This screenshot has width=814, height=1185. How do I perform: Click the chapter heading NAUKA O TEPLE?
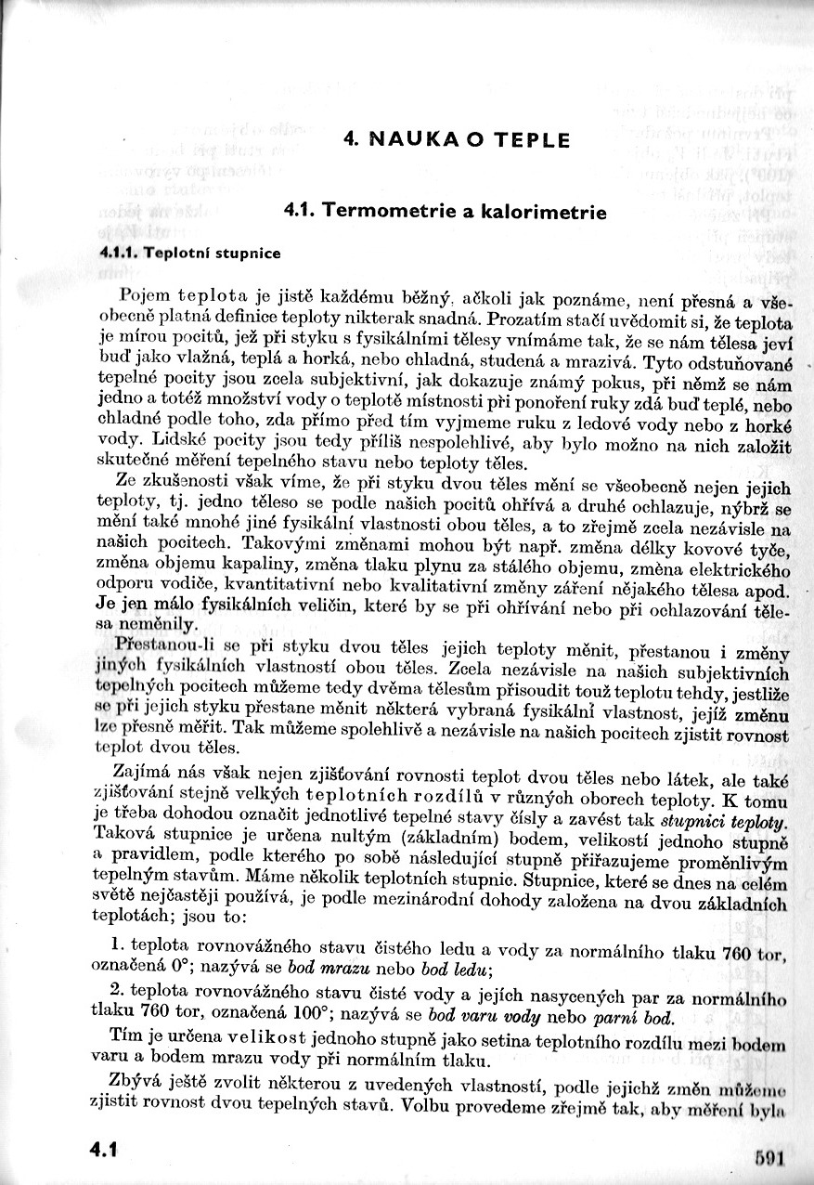pos(456,141)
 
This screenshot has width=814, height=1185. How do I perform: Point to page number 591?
pos(770,1157)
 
